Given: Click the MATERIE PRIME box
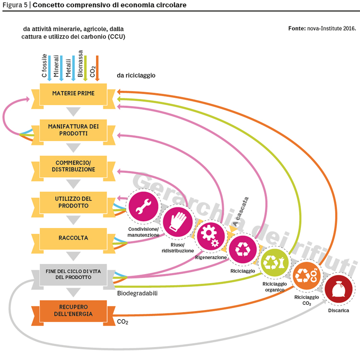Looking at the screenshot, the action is click(73, 95).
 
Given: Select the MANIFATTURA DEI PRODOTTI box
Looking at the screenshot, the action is click(73, 130).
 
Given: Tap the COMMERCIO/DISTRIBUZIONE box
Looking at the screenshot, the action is click(73, 167).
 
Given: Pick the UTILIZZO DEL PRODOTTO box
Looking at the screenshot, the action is click(73, 203).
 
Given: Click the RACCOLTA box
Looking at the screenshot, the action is click(73, 239).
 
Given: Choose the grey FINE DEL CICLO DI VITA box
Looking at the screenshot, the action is click(73, 275).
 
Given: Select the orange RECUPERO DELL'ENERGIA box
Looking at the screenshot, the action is click(73, 311).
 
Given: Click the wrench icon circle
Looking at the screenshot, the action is click(143, 206).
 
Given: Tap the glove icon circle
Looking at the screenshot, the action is click(178, 222).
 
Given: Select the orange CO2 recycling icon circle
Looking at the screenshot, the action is click(307, 276).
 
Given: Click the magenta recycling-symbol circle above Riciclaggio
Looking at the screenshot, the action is click(243, 249).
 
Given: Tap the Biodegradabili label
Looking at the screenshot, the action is click(137, 293).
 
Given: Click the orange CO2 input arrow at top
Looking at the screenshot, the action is click(97, 68).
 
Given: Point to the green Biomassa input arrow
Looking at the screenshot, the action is click(85, 68).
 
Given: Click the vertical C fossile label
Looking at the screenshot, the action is click(44, 66).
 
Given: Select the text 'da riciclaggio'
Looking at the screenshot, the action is click(136, 75).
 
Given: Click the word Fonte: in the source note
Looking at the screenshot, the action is click(297, 28).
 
